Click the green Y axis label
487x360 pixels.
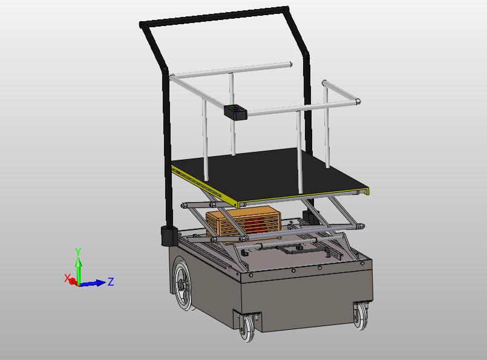coord(78,252)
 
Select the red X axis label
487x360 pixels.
coord(67,278)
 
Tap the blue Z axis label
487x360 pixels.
coord(111,282)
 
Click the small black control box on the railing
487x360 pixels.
coord(235,112)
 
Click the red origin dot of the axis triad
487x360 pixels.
coord(73,282)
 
